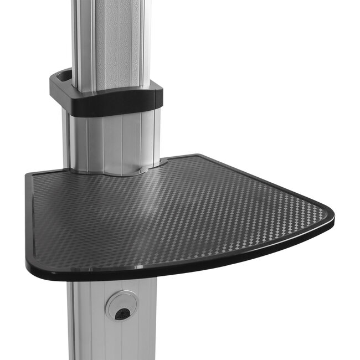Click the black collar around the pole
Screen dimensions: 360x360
pyautogui.click(x=111, y=102)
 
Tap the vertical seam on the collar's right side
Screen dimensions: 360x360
pyautogui.click(x=150, y=99)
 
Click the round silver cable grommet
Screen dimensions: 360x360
pyautogui.click(x=121, y=306)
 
